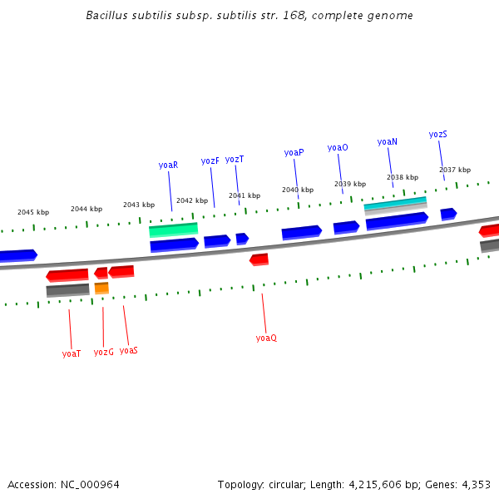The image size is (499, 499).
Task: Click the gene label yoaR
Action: point(168,165)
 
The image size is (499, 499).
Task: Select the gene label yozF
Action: point(210,161)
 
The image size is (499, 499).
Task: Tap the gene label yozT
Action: point(235,159)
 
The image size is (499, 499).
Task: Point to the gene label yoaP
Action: point(294,152)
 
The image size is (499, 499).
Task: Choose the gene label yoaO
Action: point(338,147)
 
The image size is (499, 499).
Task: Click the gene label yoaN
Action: point(387,141)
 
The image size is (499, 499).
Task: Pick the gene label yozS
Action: point(438,134)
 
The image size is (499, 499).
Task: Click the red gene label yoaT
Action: point(72,353)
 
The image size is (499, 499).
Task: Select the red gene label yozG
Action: point(103,352)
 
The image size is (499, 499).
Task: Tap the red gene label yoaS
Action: point(128,350)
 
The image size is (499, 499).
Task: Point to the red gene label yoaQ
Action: point(266,338)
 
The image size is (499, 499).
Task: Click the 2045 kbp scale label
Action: point(33,212)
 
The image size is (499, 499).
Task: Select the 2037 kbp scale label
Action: point(455,170)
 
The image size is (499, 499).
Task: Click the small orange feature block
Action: point(101,288)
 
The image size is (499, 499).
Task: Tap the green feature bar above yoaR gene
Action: point(173,229)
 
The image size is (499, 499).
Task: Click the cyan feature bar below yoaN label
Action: point(395,202)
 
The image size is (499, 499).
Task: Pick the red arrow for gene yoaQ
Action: point(259,259)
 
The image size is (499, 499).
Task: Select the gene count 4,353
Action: point(475,483)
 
